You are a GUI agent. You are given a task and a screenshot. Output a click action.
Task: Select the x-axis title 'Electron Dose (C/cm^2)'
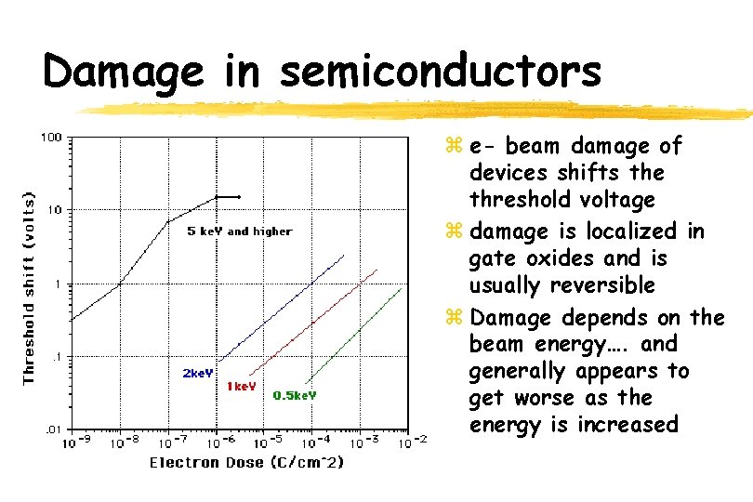point(246,462)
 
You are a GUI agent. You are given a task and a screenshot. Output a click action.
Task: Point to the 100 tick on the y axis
point(50,138)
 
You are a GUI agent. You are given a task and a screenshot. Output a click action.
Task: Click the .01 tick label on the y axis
point(52,429)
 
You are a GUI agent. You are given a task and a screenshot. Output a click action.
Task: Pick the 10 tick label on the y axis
point(55,210)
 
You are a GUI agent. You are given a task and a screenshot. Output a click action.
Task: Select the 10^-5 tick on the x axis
point(266,443)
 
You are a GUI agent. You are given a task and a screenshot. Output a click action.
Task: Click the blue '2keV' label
point(197,374)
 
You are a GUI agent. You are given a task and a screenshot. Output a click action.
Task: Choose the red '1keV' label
point(241,386)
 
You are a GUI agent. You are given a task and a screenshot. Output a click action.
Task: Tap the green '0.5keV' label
point(295,395)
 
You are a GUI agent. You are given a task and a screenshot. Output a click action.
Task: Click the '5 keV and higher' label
point(239,231)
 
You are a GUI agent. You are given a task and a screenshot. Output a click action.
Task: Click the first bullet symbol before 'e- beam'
point(455,147)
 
